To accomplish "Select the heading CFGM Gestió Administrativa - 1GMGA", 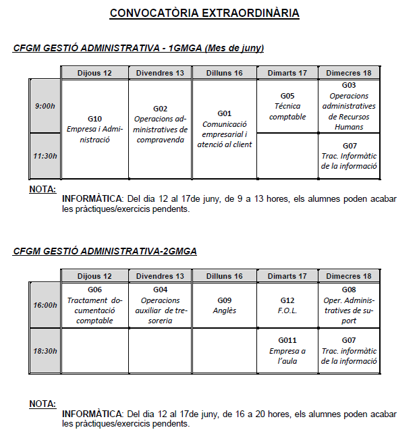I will [138, 48].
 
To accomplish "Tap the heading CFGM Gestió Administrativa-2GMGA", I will [105, 251].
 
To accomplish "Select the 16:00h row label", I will [45, 305].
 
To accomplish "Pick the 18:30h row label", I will [45, 350].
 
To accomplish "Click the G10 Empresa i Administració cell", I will [94, 129].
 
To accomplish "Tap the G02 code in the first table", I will [160, 109].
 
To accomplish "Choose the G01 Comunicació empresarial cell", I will [225, 129].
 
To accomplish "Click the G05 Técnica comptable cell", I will [287, 106].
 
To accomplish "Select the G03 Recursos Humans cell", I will [349, 106].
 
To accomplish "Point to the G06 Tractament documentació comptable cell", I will [94, 305].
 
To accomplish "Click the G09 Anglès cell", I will [225, 305].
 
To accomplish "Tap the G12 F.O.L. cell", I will [287, 305].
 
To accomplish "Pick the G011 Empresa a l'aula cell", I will [287, 350].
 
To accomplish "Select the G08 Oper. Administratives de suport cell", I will [349, 305].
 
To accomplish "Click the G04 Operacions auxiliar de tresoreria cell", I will [160, 305].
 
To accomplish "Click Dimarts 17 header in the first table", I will [287, 73].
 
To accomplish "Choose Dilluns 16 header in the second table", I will [225, 276].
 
